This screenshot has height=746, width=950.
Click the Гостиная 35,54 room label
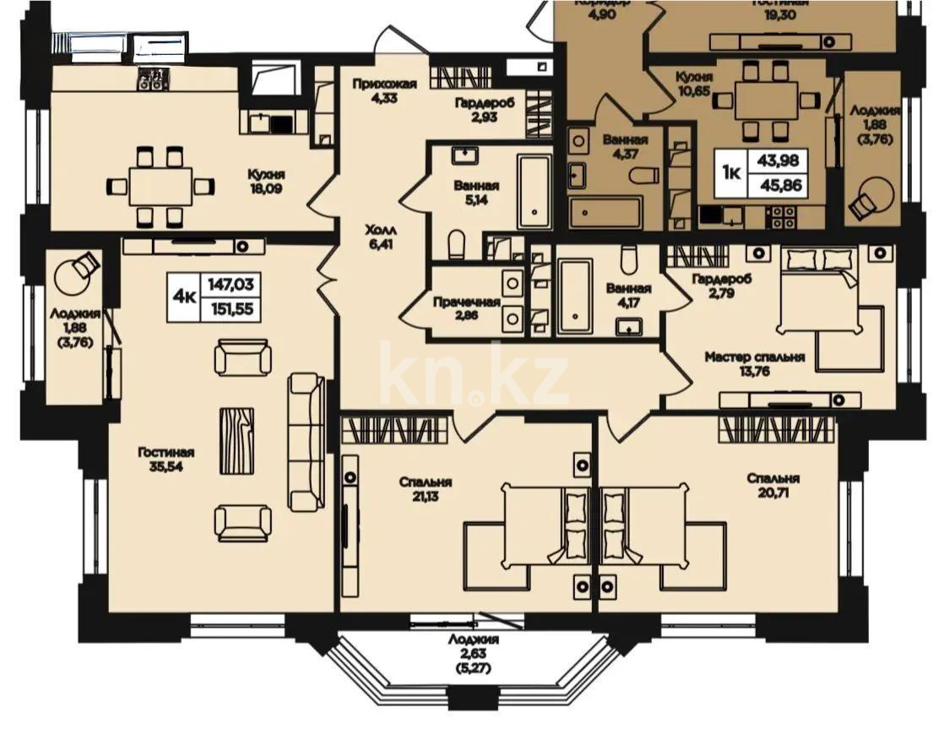tap(166, 459)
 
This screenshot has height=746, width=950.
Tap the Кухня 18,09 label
tap(266, 180)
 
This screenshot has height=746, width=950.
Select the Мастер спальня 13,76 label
tap(754, 363)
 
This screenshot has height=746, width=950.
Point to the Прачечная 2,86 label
tap(466, 308)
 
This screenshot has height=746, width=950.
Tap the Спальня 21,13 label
tap(426, 488)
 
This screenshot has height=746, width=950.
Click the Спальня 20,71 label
tap(773, 485)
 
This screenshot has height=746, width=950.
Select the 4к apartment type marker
tap(183, 296)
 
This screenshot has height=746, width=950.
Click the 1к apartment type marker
tap(731, 173)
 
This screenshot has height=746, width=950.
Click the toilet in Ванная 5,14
tap(457, 245)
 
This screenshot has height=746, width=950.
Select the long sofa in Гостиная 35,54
tap(307, 443)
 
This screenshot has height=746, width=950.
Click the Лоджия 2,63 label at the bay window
tap(475, 653)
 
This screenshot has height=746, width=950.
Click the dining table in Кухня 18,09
tap(160, 186)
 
